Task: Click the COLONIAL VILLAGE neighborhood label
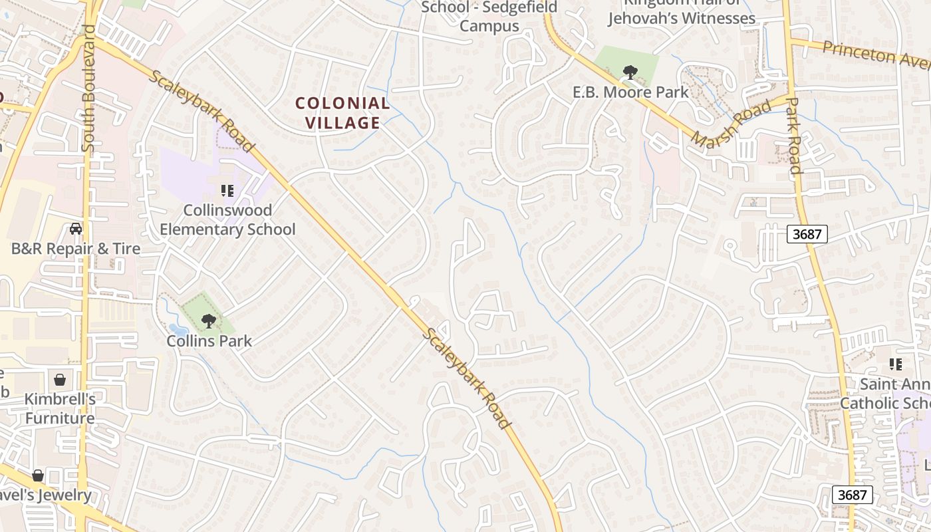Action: (342, 113)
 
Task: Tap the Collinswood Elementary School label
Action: (227, 220)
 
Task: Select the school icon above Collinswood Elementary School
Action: (227, 191)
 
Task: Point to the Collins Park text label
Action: (209, 341)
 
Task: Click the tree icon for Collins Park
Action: (209, 321)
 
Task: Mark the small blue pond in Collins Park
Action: (177, 329)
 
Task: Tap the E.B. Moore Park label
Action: (630, 92)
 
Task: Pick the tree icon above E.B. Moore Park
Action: (630, 72)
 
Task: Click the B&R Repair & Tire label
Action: (76, 249)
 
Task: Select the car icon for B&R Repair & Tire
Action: (76, 229)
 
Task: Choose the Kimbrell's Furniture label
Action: (60, 409)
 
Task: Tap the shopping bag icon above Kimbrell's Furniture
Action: (60, 380)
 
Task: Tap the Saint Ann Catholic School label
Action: (894, 394)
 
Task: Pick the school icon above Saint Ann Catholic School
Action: (896, 364)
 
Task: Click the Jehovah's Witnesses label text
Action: (682, 18)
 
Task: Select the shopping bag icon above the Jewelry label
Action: (38, 475)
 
